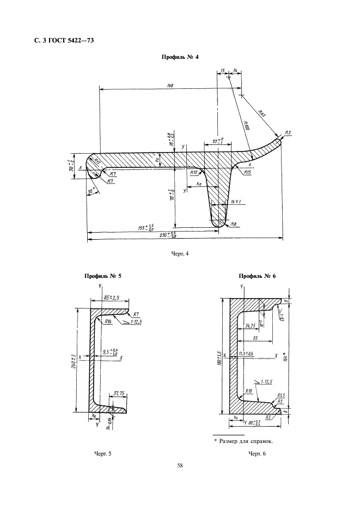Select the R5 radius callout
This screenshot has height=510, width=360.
(x=288, y=133)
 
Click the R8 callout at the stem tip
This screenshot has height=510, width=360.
(x=233, y=224)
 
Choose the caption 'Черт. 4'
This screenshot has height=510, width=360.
(x=180, y=253)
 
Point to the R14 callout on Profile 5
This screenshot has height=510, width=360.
(x=109, y=321)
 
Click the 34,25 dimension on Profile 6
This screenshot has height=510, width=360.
(x=252, y=326)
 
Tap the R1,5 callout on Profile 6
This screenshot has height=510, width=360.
(x=282, y=394)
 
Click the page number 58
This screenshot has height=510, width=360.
(x=180, y=465)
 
